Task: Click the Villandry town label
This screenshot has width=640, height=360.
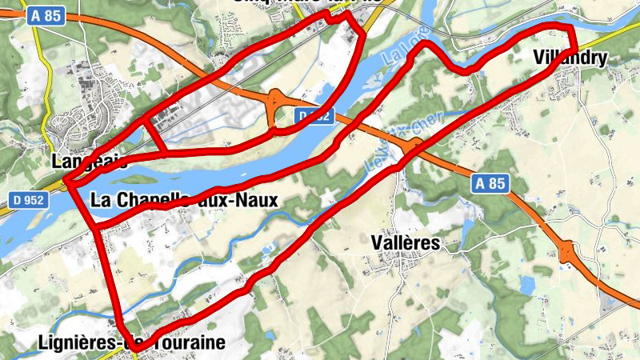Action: (570, 58)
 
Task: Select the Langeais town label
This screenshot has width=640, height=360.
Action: (89, 161)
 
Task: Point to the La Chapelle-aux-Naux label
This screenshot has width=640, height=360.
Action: (184, 200)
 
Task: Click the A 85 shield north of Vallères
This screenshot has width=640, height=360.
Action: (490, 183)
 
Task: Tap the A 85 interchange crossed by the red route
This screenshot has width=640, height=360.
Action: (414, 146)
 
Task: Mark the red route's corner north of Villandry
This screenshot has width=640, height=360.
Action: (570, 29)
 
